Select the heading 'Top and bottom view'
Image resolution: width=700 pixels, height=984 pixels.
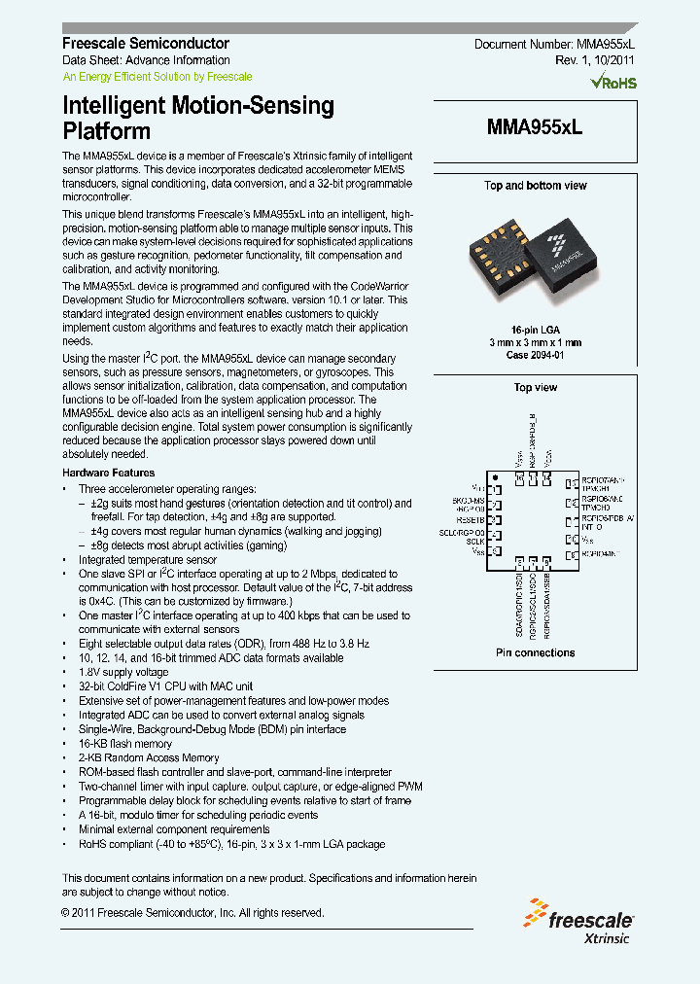point(536,185)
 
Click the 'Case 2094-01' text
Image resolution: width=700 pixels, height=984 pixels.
point(536,356)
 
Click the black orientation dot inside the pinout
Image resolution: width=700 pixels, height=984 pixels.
point(495,476)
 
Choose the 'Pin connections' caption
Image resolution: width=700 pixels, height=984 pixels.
point(536,652)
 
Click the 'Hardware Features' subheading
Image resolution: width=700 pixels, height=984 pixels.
point(107,473)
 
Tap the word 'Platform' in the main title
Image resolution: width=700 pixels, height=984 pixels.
point(106,131)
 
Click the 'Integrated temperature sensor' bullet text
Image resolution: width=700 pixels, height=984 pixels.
point(148,560)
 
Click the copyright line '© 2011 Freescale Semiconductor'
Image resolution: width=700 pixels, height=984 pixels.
point(192,912)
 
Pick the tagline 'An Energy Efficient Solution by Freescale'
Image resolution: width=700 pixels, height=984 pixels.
point(157,76)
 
